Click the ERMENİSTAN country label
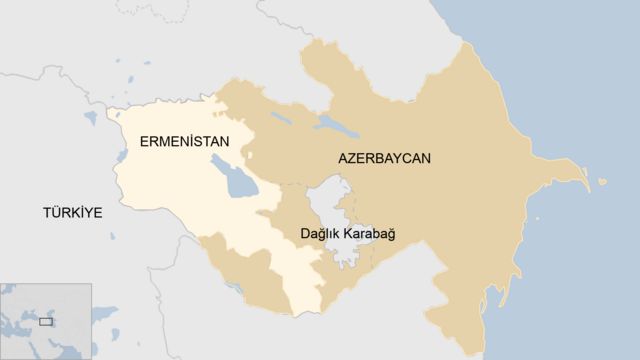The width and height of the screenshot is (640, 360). point(184,142)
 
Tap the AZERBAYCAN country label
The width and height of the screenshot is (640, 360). point(384,159)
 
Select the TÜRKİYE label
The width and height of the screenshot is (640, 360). point(72,213)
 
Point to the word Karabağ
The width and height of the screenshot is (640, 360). point(369,234)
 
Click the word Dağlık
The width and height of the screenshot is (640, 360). point(319,234)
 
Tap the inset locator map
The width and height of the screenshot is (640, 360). point(45,321)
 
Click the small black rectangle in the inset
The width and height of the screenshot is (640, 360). point(45,322)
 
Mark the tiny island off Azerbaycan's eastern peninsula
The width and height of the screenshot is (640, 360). point(603,182)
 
